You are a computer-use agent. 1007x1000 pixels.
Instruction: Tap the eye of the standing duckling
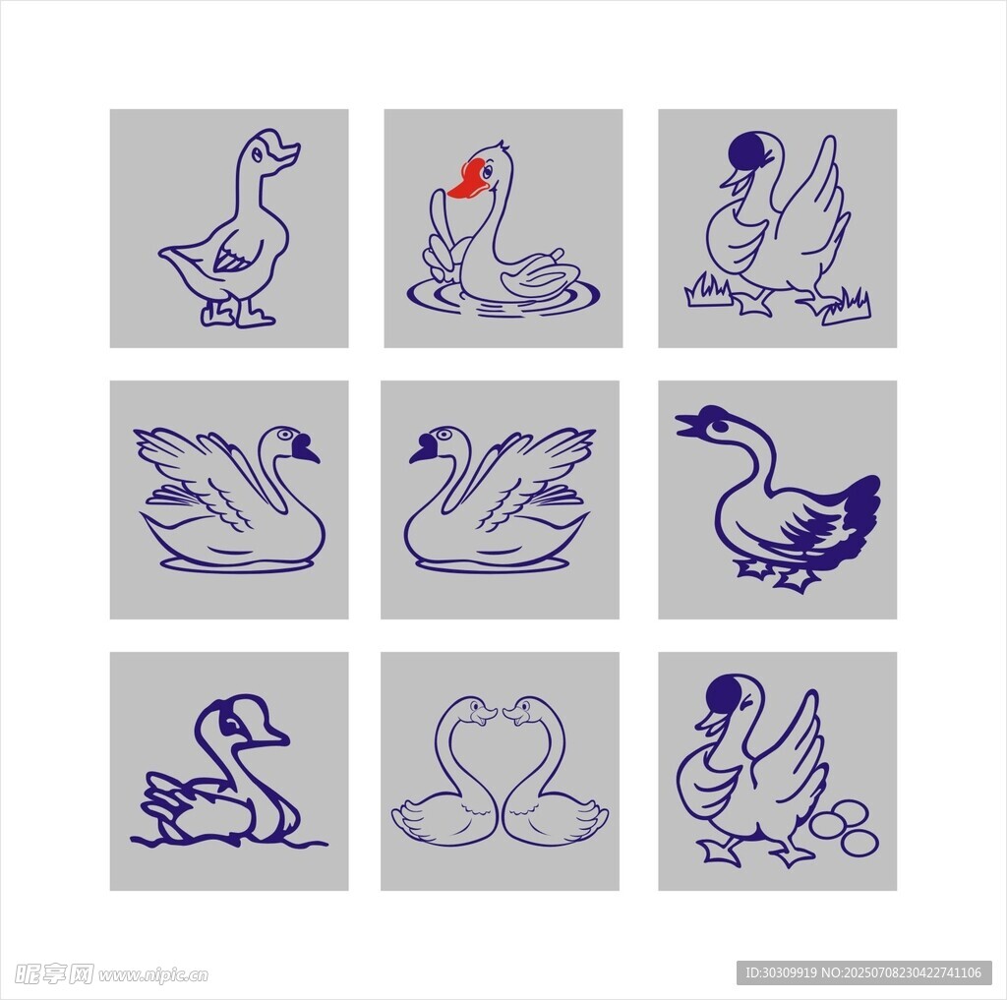[x=257, y=154]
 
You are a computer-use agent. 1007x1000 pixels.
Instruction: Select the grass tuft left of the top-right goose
[x=707, y=290]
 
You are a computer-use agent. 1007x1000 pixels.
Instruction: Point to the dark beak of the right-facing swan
[x=305, y=447]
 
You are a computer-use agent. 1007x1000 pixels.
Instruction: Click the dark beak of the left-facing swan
[x=424, y=447]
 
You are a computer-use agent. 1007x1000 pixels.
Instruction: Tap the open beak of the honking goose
[x=689, y=425]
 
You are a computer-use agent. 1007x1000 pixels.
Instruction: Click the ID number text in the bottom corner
[x=863, y=972]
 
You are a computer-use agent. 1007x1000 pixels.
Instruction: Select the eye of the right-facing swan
[x=284, y=435]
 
